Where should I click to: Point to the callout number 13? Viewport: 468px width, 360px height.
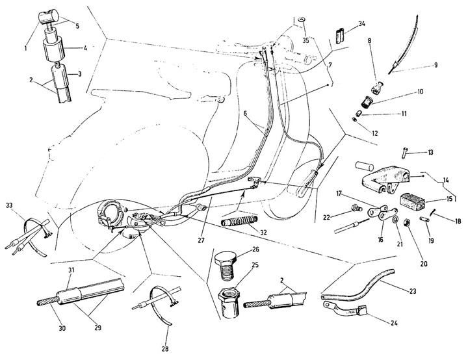430,153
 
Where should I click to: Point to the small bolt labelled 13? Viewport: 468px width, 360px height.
402,153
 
